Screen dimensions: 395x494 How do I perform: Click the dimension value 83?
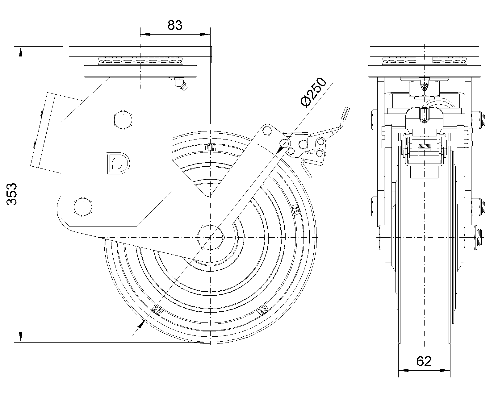click(175, 25)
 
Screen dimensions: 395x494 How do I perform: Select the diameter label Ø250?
click(313, 93)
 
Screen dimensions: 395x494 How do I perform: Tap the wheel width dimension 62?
click(424, 361)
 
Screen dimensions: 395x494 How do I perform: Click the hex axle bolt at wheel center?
click(210, 237)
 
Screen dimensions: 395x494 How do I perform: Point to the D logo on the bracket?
click(119, 163)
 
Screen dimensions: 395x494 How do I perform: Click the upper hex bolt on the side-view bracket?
click(124, 120)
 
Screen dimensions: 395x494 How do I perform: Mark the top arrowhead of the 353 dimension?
click(21, 51)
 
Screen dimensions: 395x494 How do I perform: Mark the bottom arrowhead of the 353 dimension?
click(21, 337)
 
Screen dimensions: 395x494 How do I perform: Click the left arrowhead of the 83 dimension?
click(145, 34)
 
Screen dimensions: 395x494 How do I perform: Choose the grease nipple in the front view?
click(425, 87)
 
